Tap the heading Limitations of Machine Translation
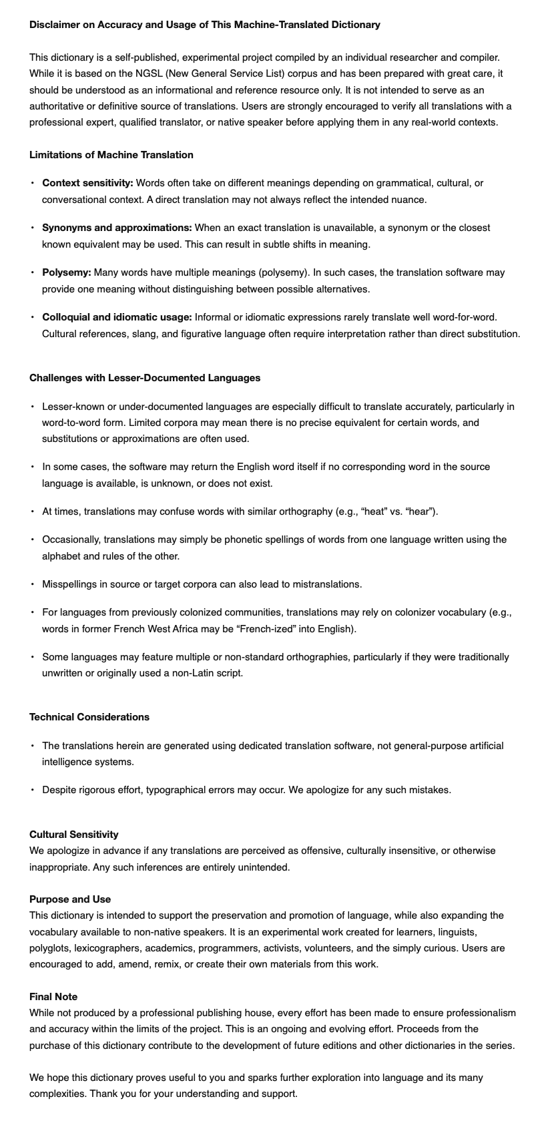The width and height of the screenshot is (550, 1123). coord(111,155)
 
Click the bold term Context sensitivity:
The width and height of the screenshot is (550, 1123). coord(87,183)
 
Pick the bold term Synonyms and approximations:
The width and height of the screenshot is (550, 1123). coord(117,228)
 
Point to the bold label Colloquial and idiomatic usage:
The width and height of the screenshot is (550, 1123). coord(117,317)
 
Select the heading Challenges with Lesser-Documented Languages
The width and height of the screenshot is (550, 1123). coord(145,378)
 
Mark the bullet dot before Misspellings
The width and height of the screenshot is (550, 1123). coord(32,584)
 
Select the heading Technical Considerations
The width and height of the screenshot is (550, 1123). coord(89,717)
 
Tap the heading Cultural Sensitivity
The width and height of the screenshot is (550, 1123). coord(74,835)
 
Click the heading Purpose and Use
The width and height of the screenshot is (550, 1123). coord(70,899)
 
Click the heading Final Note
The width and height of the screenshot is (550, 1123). coord(53,997)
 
